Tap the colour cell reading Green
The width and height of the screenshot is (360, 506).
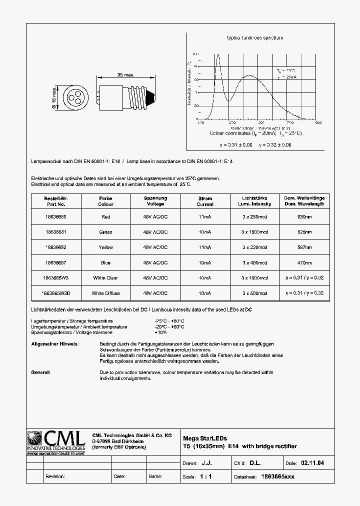click(x=105, y=232)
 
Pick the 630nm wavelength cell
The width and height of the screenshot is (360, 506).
click(x=304, y=216)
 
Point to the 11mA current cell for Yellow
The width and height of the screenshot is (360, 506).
click(x=205, y=247)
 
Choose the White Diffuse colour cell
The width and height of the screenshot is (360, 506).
click(x=105, y=293)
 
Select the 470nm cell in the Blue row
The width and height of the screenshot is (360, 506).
click(x=304, y=262)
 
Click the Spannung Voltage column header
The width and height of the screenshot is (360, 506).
click(x=155, y=201)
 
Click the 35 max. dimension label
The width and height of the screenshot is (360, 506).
click(x=126, y=74)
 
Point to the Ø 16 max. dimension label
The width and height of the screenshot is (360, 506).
click(x=54, y=96)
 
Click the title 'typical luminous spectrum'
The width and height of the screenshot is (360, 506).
click(x=255, y=38)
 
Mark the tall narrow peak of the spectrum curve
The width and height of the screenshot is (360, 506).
click(x=217, y=56)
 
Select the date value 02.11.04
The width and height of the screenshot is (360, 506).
click(x=312, y=463)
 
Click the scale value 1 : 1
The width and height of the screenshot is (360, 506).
click(x=205, y=476)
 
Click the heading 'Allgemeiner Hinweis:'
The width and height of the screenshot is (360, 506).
click(x=55, y=344)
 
